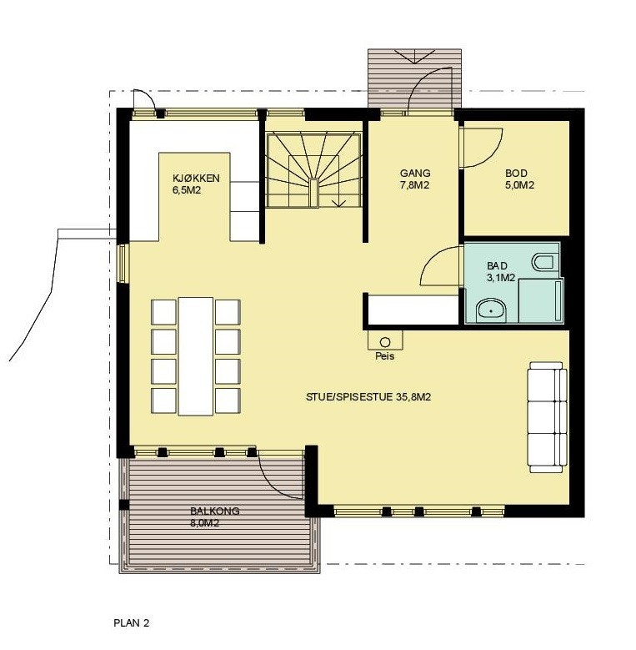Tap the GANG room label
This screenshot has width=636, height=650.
click(414, 174)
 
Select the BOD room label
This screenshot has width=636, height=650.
click(516, 174)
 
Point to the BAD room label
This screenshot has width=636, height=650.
click(497, 265)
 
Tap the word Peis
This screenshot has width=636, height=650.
click(384, 355)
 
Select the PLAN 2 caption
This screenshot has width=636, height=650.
click(131, 622)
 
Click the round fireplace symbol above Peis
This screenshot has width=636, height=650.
click(385, 341)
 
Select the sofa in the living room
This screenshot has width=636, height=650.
click(546, 417)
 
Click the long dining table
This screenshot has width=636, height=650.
click(197, 355)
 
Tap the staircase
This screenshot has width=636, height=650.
click(313, 172)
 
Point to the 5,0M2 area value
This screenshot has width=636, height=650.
click(519, 185)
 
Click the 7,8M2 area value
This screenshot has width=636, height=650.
click(414, 185)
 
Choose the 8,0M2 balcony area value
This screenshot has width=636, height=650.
click(204, 523)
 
